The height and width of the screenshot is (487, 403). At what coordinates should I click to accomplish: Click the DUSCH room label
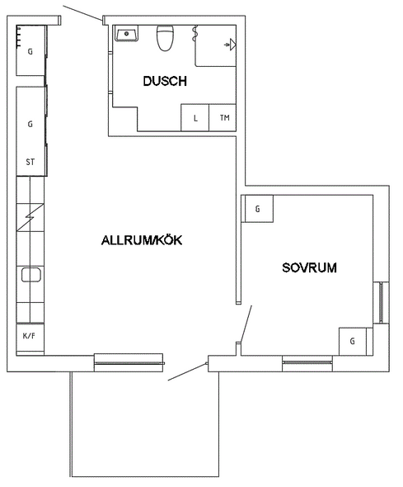pyautogui.click(x=165, y=81)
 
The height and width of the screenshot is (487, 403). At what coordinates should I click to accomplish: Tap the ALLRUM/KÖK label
pyautogui.click(x=142, y=240)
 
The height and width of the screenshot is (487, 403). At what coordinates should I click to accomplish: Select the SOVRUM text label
pyautogui.click(x=309, y=267)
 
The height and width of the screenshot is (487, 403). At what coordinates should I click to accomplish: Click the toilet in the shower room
pyautogui.click(x=165, y=38)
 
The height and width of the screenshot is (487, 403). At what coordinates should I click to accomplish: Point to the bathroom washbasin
pyautogui.click(x=126, y=34)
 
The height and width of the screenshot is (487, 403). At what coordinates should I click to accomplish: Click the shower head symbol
pyautogui.click(x=230, y=45)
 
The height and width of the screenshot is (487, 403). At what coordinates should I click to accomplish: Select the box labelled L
pyautogui.click(x=195, y=118)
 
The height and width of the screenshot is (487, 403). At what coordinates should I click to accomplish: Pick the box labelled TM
pyautogui.click(x=223, y=118)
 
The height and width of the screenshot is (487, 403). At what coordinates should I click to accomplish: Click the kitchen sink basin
pyautogui.click(x=31, y=275)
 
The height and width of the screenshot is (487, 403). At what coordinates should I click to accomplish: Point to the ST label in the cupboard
pyautogui.click(x=30, y=162)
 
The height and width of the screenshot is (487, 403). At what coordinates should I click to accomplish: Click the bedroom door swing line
pyautogui.click(x=246, y=324)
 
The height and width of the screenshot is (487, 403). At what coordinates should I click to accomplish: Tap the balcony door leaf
pyautogui.click(x=187, y=371)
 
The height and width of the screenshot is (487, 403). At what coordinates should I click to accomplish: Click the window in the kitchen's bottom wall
pyautogui.click(x=129, y=362)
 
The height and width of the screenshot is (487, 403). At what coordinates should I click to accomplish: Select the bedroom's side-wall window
pyautogui.click(x=381, y=302)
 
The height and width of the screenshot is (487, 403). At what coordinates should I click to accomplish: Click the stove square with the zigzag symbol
pyautogui.click(x=30, y=217)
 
